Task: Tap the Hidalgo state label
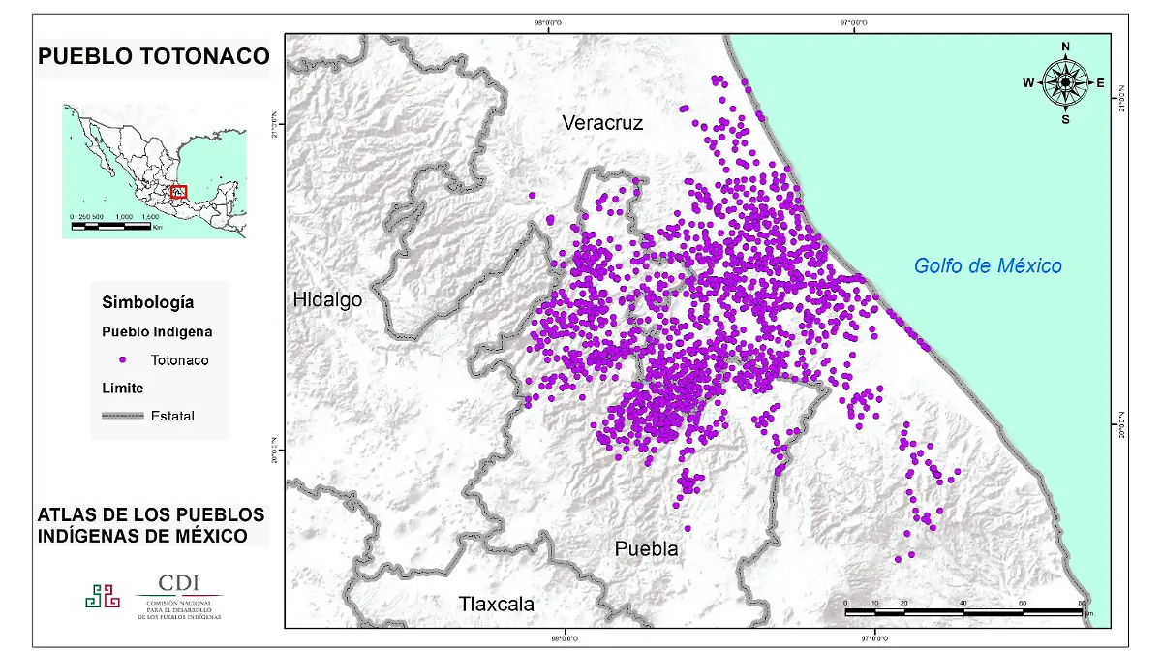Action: [x=327, y=300]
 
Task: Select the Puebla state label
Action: [x=646, y=549]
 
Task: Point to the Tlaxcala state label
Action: [x=496, y=605]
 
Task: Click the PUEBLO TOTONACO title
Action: [x=153, y=57]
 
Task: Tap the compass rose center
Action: [x=1065, y=83]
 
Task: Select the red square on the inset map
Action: [x=179, y=192]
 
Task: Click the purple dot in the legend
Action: [x=122, y=360]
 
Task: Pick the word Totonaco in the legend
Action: [x=179, y=360]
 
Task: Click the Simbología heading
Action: [x=147, y=303]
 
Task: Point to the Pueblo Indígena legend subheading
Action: [x=157, y=332]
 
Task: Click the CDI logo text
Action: [x=179, y=583]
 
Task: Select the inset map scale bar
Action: [x=111, y=226]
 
